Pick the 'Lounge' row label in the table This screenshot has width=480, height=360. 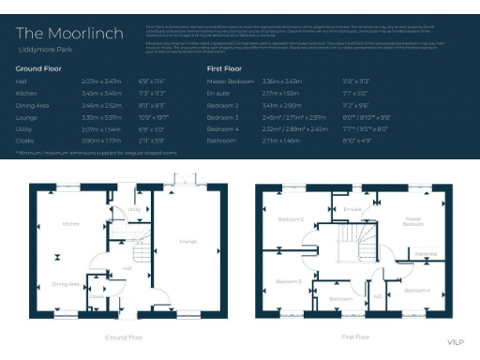[26, 118]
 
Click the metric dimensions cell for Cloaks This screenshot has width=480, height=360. [100, 140]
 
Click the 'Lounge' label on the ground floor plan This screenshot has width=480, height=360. [187, 242]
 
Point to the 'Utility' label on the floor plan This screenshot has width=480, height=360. [133, 210]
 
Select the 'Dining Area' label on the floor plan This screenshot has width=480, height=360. [65, 283]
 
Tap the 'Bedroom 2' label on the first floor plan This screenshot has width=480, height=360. [290, 219]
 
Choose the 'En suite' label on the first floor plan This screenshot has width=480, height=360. [353, 208]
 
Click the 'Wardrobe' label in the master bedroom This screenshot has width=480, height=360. [425, 253]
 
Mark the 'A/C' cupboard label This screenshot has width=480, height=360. [378, 296]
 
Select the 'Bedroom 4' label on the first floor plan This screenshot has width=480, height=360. [416, 292]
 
